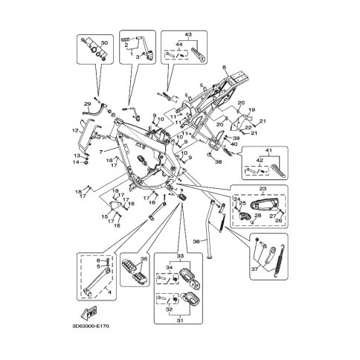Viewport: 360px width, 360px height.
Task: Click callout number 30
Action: click(103, 43)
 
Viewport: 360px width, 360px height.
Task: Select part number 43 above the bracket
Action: click(188, 35)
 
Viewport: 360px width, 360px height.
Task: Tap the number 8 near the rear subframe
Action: click(222, 68)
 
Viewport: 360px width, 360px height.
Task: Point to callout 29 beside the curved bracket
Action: click(87, 103)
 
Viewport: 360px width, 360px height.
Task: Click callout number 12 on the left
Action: click(75, 131)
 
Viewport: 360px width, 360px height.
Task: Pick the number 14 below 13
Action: click(75, 161)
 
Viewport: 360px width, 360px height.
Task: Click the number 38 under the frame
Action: click(219, 161)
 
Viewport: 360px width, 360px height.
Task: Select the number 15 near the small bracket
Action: click(105, 216)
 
